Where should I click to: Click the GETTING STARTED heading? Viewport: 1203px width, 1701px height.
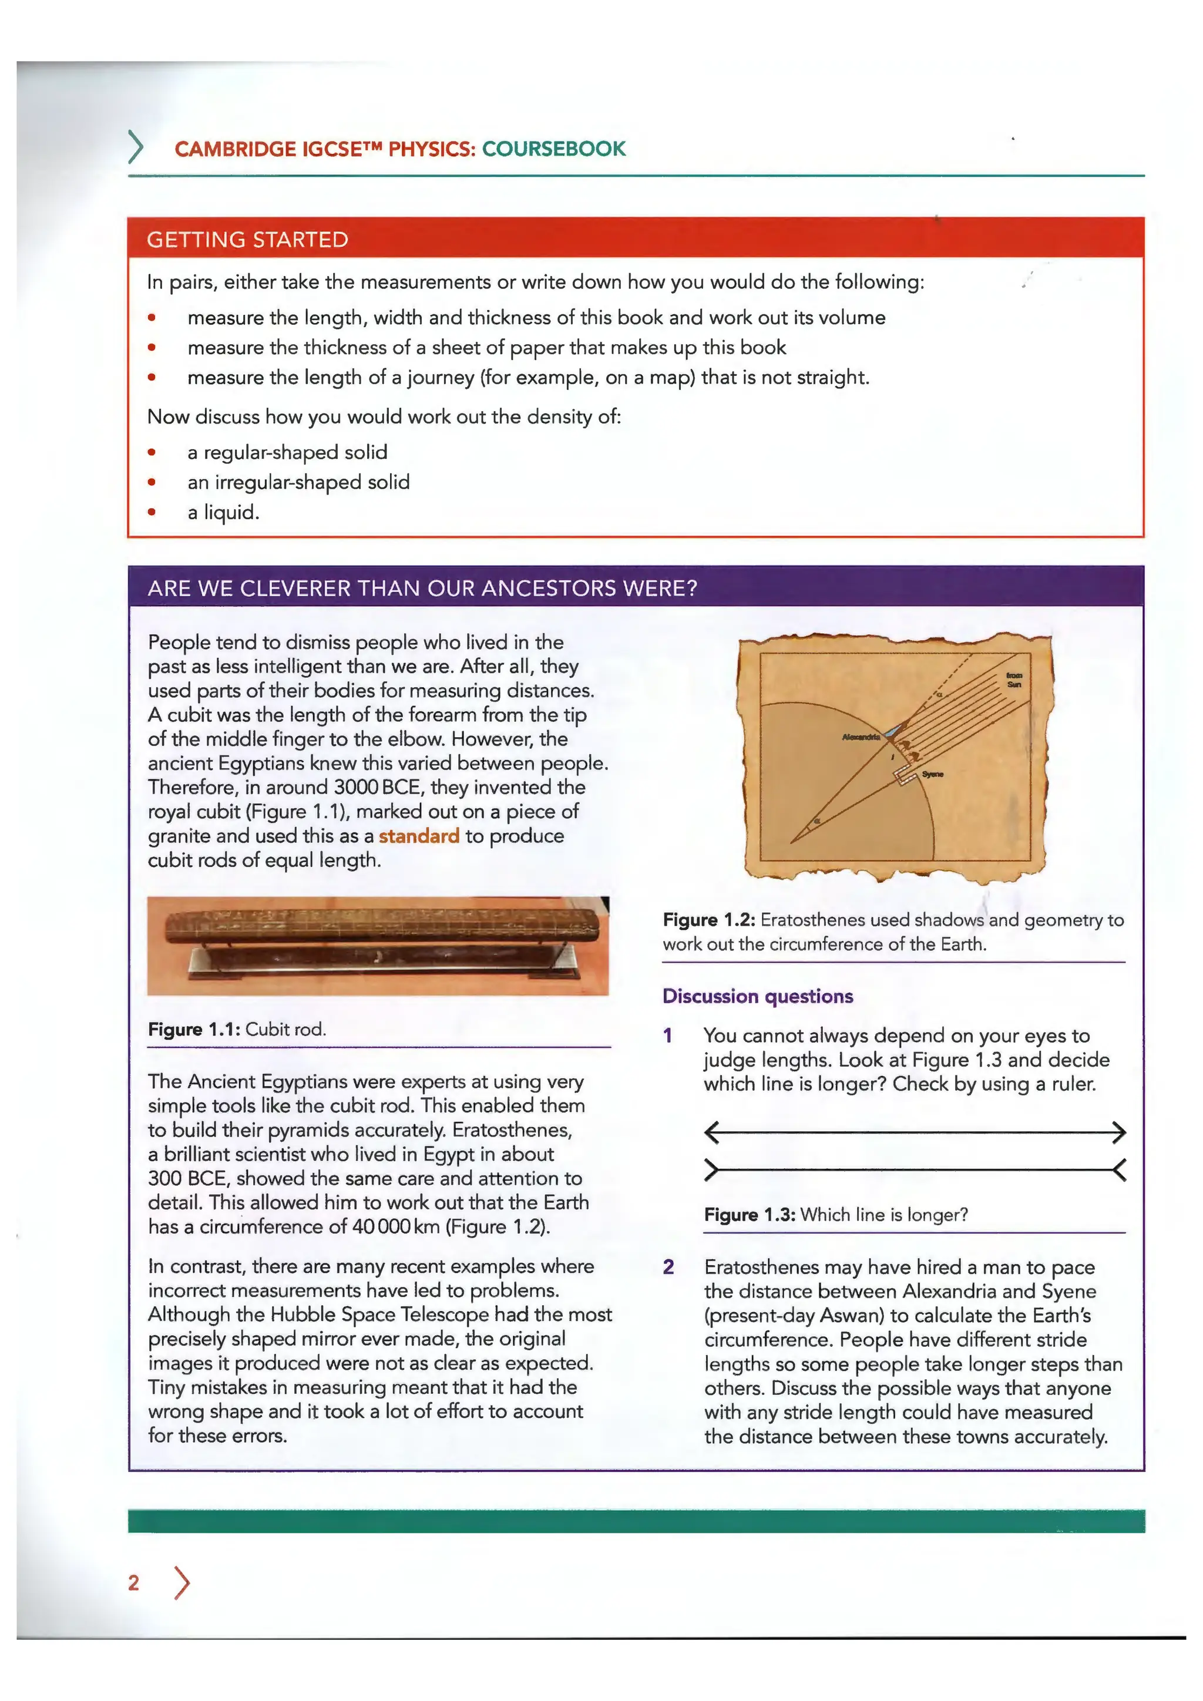click(x=247, y=239)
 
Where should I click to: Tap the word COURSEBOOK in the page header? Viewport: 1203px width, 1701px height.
click(x=553, y=149)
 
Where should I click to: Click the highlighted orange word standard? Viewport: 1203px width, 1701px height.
click(x=419, y=836)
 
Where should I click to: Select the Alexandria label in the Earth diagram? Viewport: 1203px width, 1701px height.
click(x=861, y=737)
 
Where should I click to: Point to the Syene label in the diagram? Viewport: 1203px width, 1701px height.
click(x=933, y=774)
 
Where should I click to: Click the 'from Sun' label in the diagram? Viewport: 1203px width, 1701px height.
click(x=1013, y=680)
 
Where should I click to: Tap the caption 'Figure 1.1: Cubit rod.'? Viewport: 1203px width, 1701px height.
click(x=237, y=1029)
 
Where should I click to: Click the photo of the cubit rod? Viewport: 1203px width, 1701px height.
click(x=378, y=944)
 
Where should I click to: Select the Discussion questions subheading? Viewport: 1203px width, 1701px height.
click(x=757, y=996)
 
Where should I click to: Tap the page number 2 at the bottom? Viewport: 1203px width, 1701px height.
click(x=133, y=1582)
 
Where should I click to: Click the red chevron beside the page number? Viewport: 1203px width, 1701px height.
click(x=182, y=1582)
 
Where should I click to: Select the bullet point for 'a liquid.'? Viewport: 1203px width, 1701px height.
click(x=152, y=512)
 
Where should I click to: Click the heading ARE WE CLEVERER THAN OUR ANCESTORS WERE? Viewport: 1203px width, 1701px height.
click(x=422, y=588)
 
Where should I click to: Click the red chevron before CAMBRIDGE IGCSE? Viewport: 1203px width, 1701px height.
click(x=136, y=147)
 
